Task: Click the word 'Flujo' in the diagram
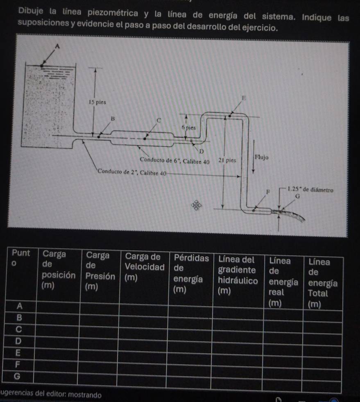pos(261,157)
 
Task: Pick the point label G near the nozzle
pos(298,197)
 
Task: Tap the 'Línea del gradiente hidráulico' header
pos(238,275)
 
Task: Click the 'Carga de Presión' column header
pos(100,270)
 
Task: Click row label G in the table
pos(18,376)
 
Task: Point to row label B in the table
pos(18,318)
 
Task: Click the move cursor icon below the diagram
pos(197,204)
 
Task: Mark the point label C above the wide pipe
pos(160,120)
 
